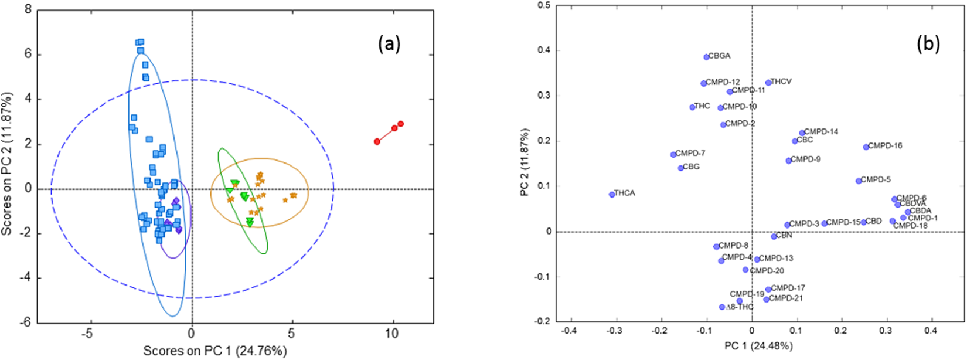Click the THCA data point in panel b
[612, 194]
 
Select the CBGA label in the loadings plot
[719, 56]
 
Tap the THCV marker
[768, 83]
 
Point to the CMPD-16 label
[885, 145]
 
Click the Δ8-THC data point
[722, 307]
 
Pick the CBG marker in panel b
[680, 168]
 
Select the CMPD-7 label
[690, 153]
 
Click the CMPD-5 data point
[859, 181]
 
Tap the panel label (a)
[389, 44]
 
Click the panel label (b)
[928, 44]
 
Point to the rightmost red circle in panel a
[401, 124]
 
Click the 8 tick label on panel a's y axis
[28, 10]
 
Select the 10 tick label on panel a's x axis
[391, 333]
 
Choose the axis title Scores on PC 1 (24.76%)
[215, 351]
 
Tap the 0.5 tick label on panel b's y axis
[544, 5]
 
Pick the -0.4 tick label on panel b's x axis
[568, 331]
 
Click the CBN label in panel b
[784, 235]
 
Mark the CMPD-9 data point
[789, 160]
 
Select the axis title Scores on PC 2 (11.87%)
[7, 163]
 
